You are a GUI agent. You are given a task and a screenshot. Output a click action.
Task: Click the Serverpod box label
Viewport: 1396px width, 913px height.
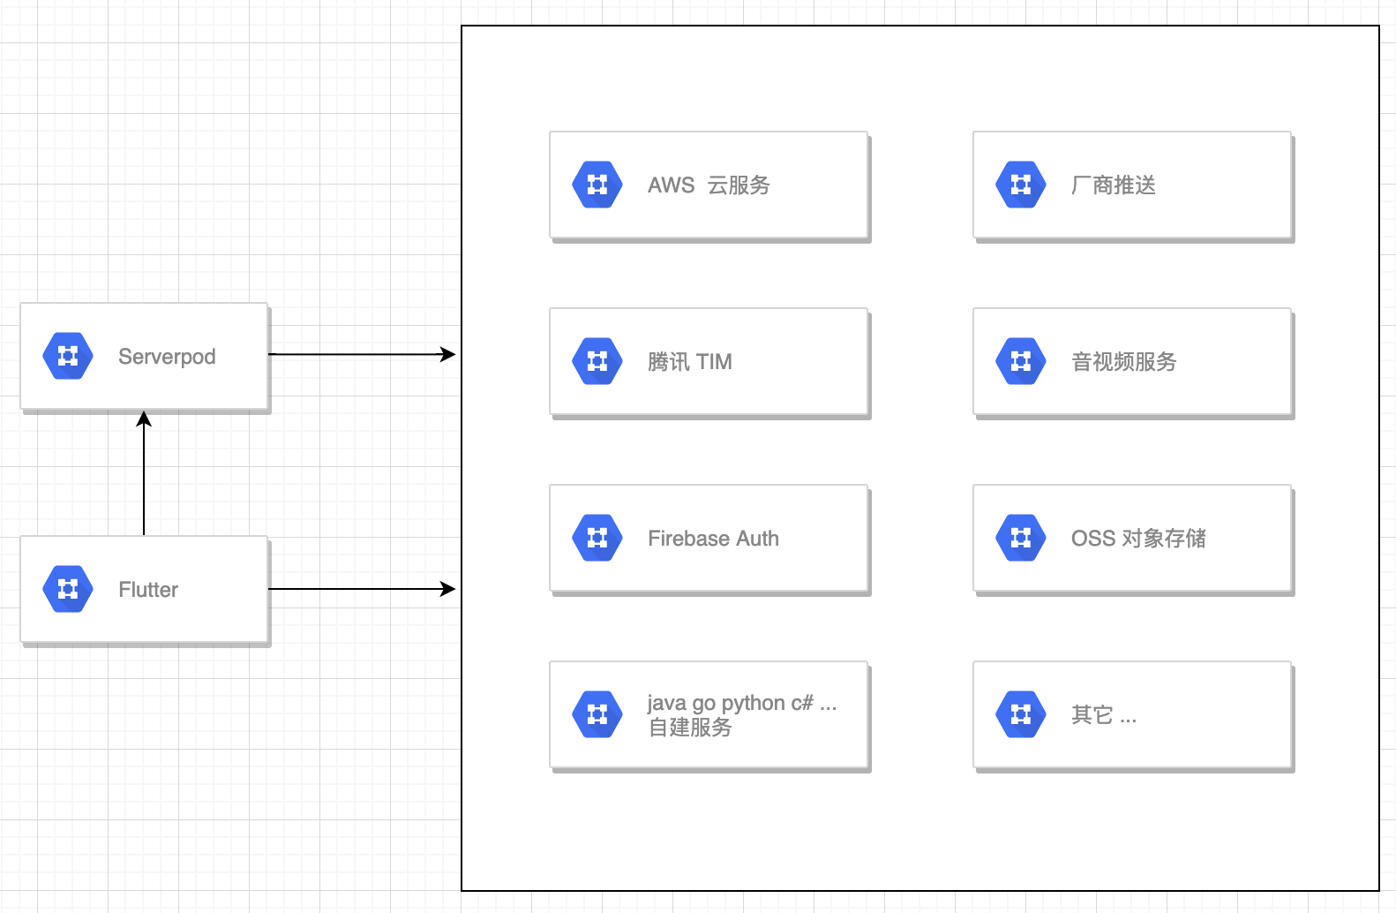tap(167, 357)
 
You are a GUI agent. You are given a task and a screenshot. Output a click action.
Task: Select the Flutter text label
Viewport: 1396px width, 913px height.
tap(148, 590)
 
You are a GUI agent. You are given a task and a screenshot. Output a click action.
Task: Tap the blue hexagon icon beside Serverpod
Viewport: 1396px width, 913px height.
tap(68, 356)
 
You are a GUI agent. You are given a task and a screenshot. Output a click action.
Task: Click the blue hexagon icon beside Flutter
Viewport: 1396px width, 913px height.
tap(68, 589)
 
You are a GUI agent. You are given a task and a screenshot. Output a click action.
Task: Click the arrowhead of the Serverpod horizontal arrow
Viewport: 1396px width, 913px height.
tap(448, 355)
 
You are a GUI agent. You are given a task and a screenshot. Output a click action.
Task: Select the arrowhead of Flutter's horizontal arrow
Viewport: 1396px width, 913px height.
tap(448, 589)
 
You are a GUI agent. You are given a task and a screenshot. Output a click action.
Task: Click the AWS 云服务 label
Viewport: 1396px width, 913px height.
tap(709, 185)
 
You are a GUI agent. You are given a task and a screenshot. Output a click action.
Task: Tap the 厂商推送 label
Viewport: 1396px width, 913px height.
tap(1113, 185)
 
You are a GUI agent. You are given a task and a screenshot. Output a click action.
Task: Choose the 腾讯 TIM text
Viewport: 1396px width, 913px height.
tap(689, 362)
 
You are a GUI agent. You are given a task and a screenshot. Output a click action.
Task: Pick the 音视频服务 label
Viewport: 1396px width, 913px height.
tap(1123, 362)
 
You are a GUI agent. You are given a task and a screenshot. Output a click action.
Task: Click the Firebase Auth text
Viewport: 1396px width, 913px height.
tap(713, 539)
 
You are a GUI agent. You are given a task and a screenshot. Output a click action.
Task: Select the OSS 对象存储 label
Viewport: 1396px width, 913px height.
tap(1137, 539)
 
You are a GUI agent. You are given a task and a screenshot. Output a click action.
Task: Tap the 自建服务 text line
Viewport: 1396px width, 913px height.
tap(690, 728)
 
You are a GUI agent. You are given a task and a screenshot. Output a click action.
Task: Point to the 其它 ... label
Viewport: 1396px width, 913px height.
tap(1103, 715)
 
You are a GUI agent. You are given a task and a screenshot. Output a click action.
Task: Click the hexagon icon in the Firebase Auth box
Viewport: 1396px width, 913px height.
tap(597, 538)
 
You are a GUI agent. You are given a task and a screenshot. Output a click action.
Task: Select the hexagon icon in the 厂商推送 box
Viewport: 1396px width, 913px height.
tap(1021, 185)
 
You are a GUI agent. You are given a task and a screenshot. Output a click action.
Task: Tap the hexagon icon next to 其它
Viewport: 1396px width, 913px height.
tap(1021, 714)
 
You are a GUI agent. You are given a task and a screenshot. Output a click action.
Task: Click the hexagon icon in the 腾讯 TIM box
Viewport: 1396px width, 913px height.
tap(597, 361)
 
